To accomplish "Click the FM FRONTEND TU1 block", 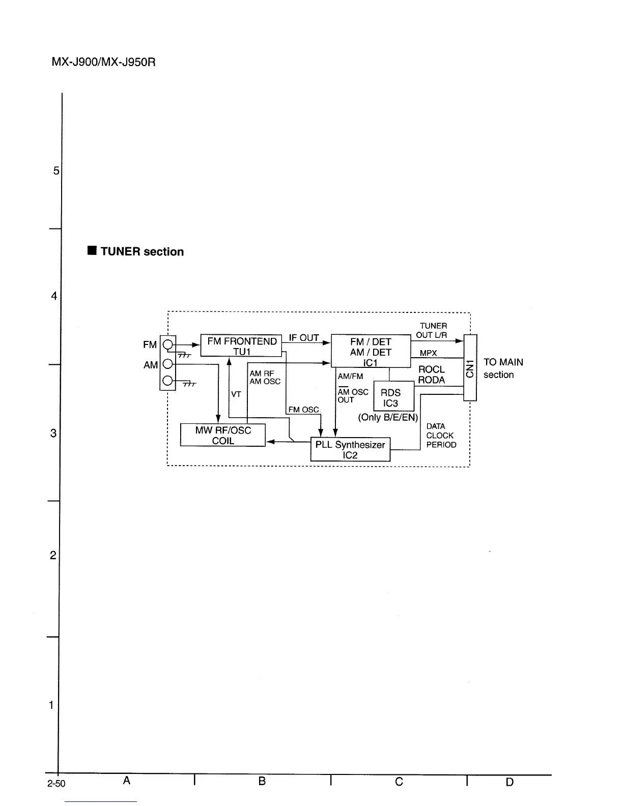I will point(241,346).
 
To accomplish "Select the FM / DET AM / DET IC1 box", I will point(371,351).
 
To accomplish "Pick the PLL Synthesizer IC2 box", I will point(350,449).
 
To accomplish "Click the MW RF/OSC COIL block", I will point(223,435).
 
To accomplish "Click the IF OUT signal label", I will point(304,338).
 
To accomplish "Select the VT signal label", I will point(236,394).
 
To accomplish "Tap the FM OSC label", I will point(303,410).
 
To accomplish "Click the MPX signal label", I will point(429,353).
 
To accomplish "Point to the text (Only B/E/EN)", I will point(388,417).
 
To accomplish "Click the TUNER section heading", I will point(141,251).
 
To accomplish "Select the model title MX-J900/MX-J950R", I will point(103,63).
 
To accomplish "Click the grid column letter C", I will point(399,782).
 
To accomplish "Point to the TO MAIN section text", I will point(503,368).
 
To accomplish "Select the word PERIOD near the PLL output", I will point(441,445).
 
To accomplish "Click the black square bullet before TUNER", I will point(92,251).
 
